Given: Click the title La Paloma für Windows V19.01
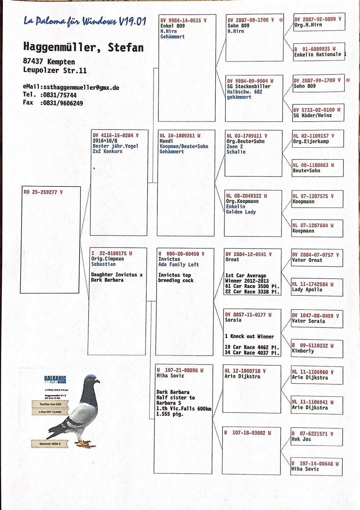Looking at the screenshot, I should (x=85, y=21).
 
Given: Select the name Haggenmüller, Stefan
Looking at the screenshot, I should (x=83, y=47).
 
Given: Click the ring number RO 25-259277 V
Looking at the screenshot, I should (x=43, y=192).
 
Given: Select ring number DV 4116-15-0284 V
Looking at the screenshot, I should (x=116, y=135).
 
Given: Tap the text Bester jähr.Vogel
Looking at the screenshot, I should (x=115, y=146).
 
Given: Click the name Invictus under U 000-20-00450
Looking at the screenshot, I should (x=169, y=259).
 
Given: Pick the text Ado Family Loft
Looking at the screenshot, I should (x=179, y=264).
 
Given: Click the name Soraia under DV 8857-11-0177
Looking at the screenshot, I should (x=233, y=320).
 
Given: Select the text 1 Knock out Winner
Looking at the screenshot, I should (x=249, y=336).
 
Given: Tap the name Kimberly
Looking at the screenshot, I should (x=303, y=351).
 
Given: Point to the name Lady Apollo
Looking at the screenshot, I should (x=307, y=289).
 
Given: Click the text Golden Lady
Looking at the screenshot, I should (x=241, y=212).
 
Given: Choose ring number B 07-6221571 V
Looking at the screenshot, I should (x=312, y=434).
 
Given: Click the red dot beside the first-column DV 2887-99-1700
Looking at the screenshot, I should (x=281, y=20).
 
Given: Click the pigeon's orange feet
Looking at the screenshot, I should (x=84, y=443).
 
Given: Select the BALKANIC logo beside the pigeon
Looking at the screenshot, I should (x=55, y=379).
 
